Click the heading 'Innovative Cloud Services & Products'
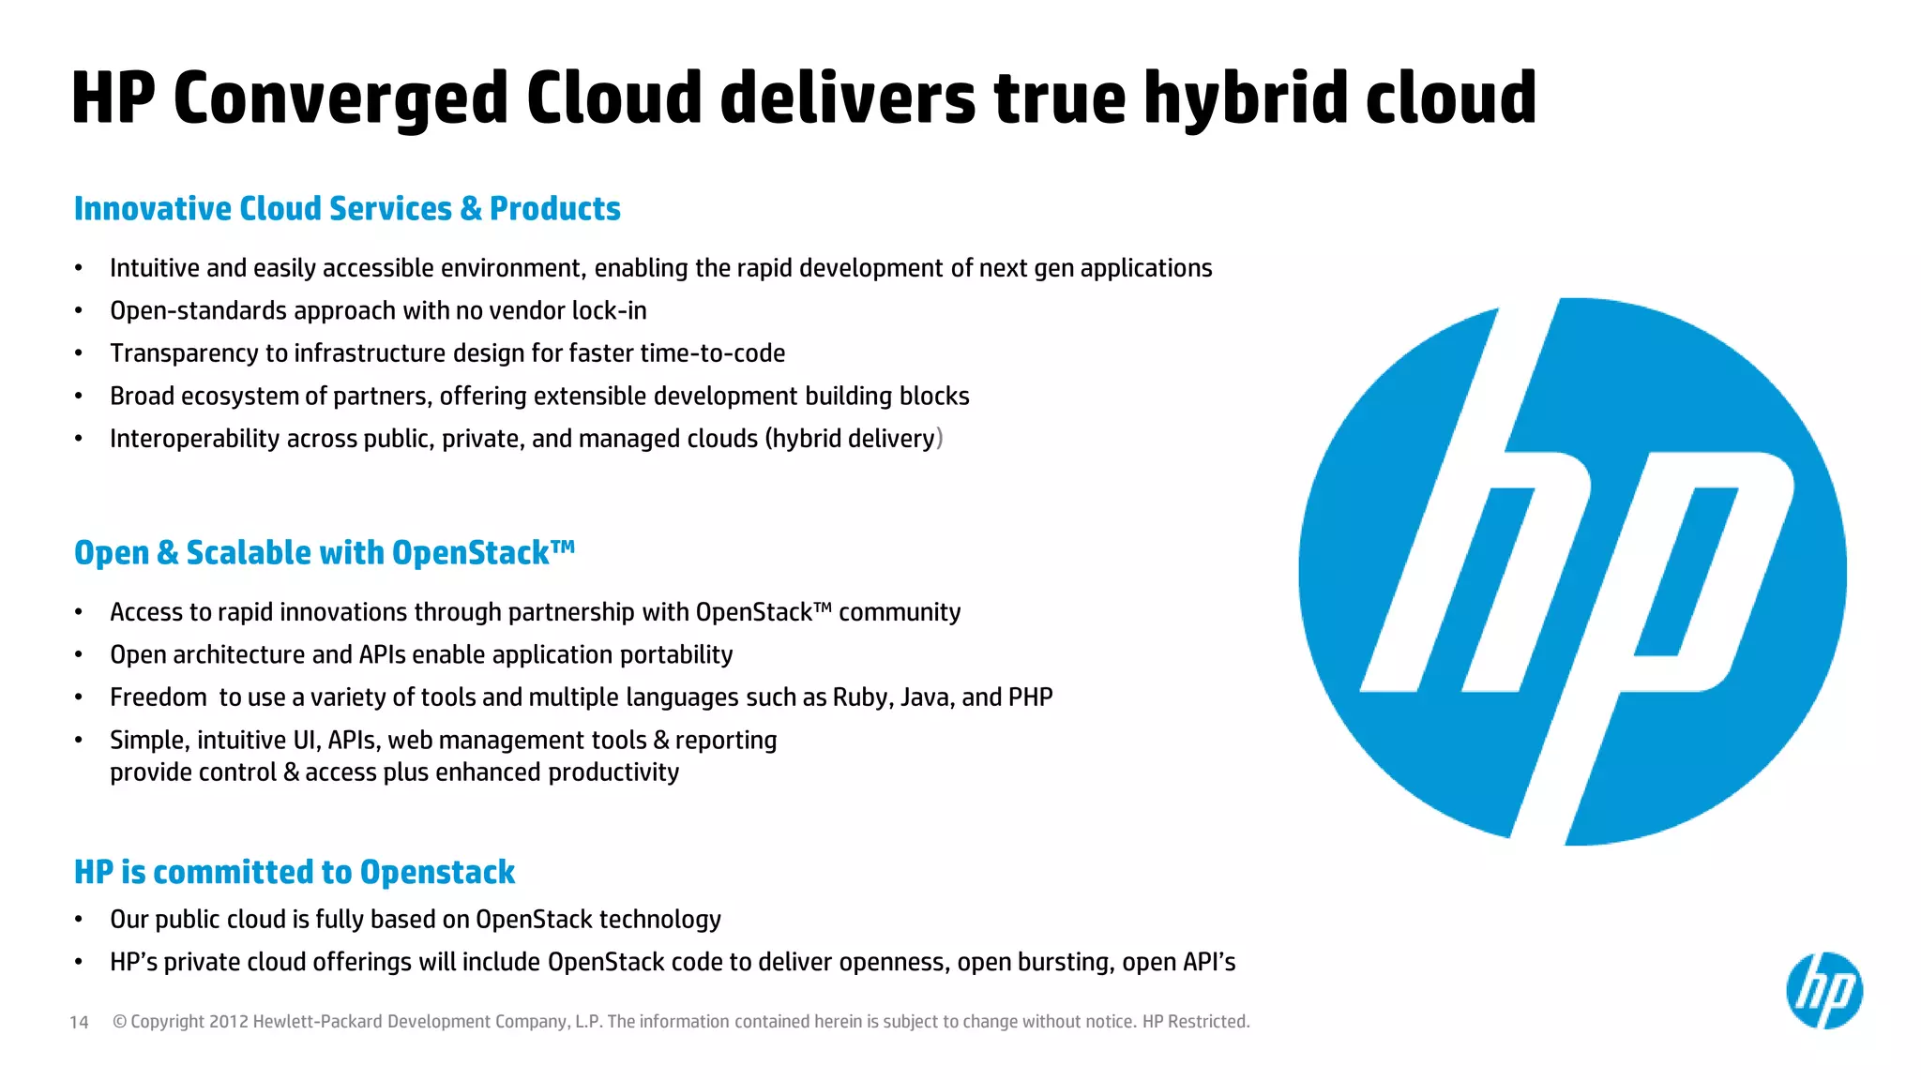pos(347,208)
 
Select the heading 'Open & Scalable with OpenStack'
pos(324,552)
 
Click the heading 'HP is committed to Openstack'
pos(295,872)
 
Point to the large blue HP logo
pos(1572,571)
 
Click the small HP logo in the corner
pos(1823,991)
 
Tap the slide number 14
pos(79,1022)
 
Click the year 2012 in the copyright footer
pos(228,1022)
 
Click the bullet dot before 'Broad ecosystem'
pos(79,397)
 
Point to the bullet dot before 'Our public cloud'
pos(79,920)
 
